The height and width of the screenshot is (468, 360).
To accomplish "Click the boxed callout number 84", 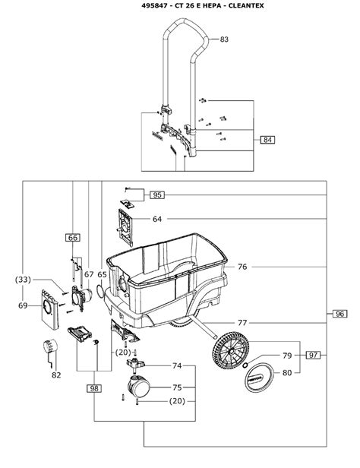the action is pyautogui.click(x=267, y=140).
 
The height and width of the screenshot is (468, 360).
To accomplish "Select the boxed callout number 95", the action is pyautogui.click(x=157, y=195).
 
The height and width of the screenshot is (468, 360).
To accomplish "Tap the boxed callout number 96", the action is pyautogui.click(x=339, y=314).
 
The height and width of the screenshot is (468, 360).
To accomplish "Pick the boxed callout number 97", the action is pyautogui.click(x=313, y=356).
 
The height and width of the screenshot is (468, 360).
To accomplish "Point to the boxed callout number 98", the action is pyautogui.click(x=94, y=389).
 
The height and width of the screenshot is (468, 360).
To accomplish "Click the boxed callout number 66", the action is pyautogui.click(x=73, y=238).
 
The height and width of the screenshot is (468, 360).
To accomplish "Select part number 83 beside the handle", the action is pyautogui.click(x=224, y=40).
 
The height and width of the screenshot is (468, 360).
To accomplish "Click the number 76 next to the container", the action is pyautogui.click(x=242, y=267).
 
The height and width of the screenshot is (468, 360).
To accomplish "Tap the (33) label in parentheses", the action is pyautogui.click(x=23, y=280).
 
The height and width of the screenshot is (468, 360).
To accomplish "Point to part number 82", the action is pyautogui.click(x=56, y=375).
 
